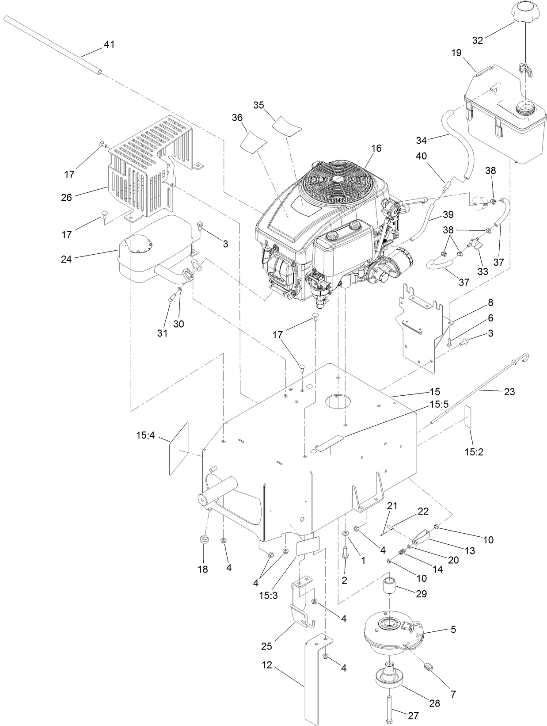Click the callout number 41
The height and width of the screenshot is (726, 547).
(109, 44)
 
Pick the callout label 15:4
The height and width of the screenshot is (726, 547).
(145, 436)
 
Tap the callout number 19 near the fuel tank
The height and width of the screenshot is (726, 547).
(456, 53)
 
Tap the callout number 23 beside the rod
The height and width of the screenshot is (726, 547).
(509, 392)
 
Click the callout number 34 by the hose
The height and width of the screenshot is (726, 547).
(422, 140)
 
